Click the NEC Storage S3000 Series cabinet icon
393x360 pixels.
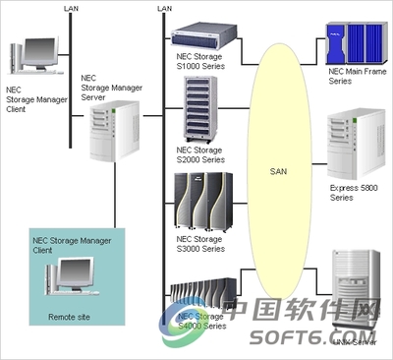coord(202,201)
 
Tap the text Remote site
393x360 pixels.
coord(68,318)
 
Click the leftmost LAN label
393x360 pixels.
coord(70,8)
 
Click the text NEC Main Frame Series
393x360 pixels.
coord(352,78)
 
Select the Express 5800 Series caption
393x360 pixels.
coord(350,192)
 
